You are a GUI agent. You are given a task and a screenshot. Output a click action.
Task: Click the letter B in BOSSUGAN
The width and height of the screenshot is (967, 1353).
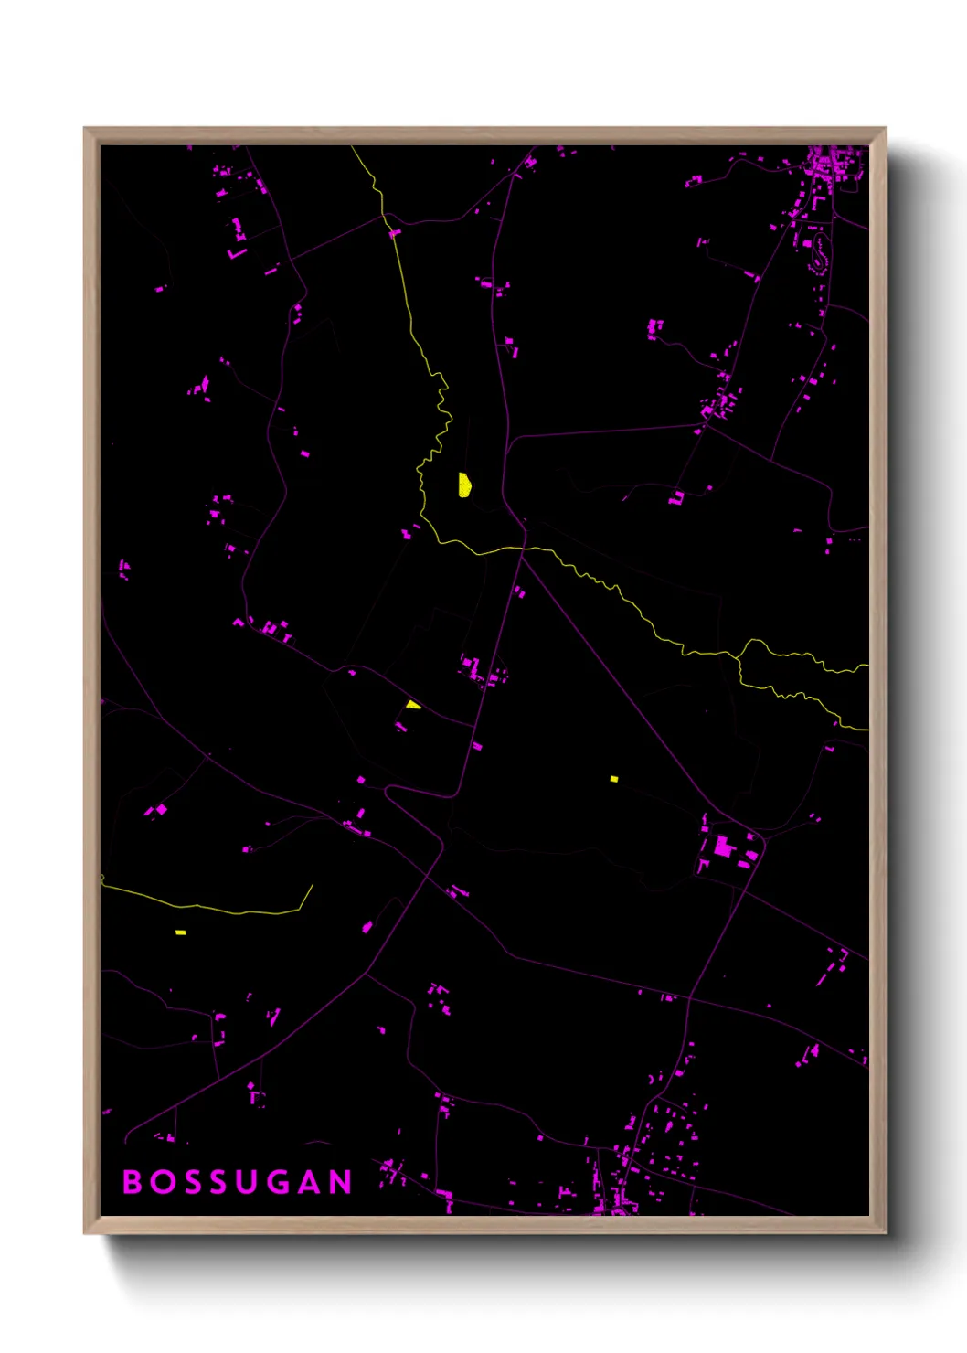(132, 1181)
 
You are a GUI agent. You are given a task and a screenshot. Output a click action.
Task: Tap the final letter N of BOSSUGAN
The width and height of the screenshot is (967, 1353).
(341, 1181)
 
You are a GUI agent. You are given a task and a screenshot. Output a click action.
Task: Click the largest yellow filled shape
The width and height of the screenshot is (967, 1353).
(464, 485)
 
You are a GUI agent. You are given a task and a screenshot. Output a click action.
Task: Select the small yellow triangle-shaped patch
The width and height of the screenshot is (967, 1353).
(414, 705)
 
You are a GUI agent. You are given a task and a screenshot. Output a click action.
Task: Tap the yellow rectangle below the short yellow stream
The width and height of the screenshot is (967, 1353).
(181, 932)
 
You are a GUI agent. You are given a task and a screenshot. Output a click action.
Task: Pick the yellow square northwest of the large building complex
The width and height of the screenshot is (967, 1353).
(614, 779)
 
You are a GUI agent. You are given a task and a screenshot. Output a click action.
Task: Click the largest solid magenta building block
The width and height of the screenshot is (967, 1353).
(723, 847)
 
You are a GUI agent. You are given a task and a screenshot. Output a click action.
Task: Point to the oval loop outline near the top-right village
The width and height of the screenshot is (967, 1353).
(818, 250)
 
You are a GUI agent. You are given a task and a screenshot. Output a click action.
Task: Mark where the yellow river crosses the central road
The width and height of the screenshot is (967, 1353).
(522, 549)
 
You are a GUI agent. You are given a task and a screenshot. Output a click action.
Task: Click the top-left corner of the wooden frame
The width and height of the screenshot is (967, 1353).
(85, 129)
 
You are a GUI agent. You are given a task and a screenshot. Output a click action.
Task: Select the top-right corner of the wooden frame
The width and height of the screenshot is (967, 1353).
(885, 129)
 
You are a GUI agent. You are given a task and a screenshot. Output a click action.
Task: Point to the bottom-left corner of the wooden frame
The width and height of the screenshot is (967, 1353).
(85, 1232)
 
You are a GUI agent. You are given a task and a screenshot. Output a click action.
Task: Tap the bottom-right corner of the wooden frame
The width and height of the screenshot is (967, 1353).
(885, 1232)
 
